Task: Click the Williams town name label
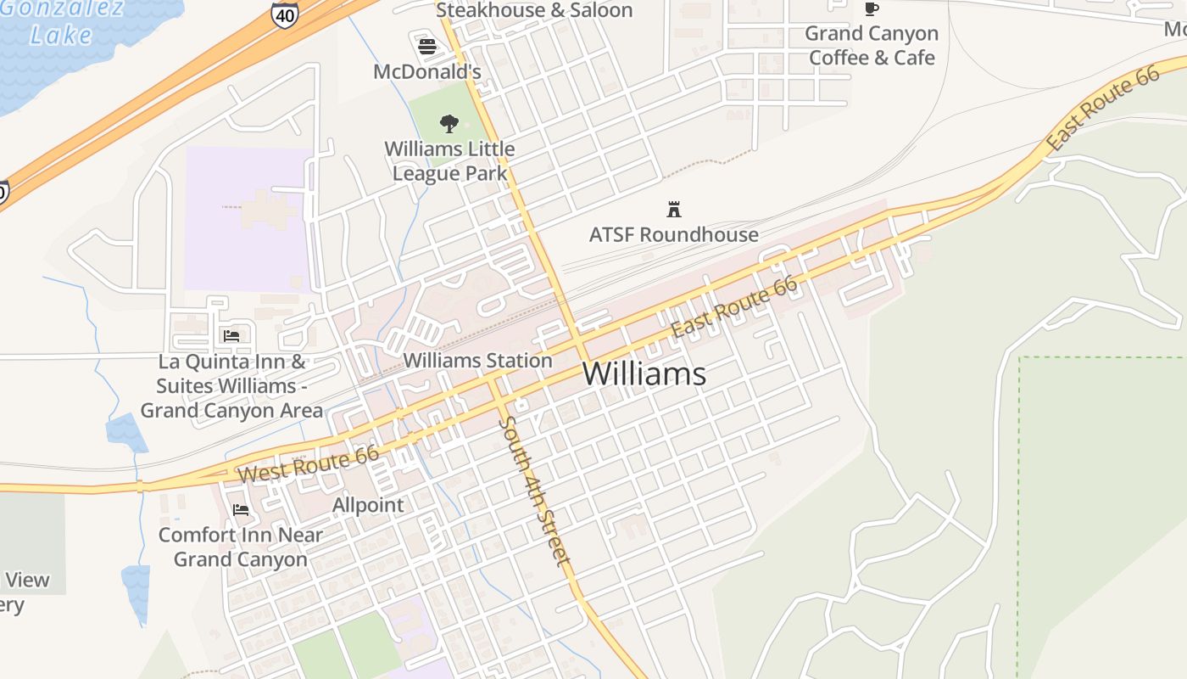coord(644,374)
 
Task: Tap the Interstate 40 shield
coord(284,14)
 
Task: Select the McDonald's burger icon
coord(427,46)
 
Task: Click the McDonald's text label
coord(427,72)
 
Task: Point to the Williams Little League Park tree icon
coord(449,124)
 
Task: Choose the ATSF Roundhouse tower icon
coord(674,209)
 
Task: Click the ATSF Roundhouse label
coord(674,234)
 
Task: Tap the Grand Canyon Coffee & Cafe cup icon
coord(871,9)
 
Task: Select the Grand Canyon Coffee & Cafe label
coord(872,46)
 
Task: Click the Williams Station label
coord(477,361)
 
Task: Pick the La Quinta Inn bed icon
coord(231,336)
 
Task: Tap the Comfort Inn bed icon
coord(241,510)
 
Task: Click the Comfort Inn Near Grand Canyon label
coord(241,547)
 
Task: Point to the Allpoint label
coord(368,505)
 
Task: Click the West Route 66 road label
coord(309,465)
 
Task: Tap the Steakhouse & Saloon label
coord(534,10)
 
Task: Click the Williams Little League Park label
coord(449,161)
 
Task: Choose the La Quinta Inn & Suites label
coord(231,386)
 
